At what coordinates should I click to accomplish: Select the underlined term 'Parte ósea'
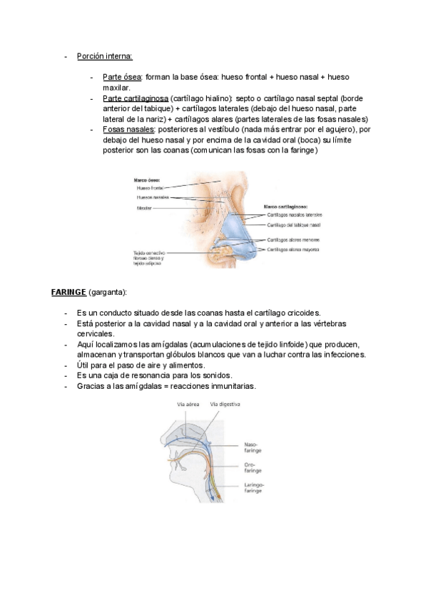pos(122,77)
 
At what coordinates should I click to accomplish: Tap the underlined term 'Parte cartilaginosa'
pos(136,98)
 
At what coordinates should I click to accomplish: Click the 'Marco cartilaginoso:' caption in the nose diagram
pos(286,206)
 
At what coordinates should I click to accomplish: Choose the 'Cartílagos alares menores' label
pos(292,241)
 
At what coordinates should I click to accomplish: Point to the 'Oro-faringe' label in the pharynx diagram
pos(253,467)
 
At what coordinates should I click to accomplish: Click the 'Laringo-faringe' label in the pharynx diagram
pos(255,488)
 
